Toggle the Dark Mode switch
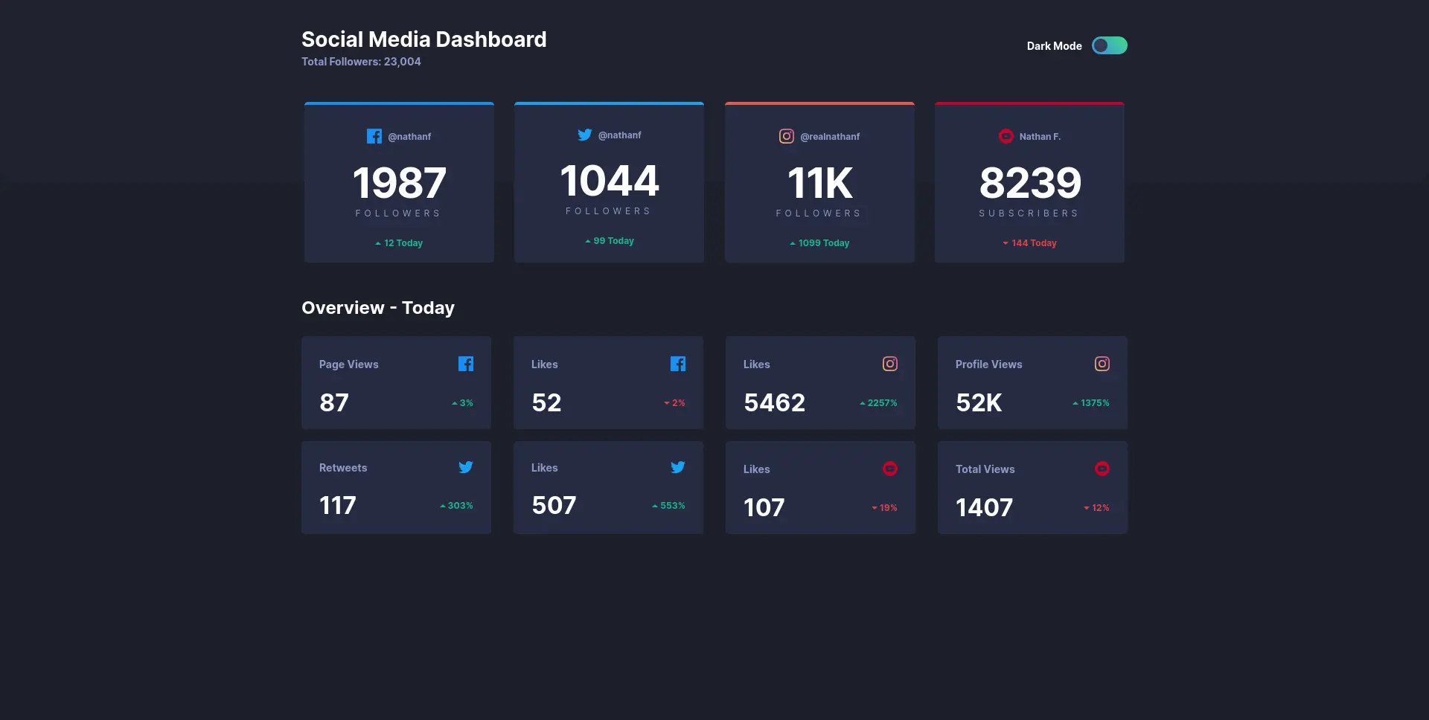[1109, 46]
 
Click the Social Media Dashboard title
[423, 39]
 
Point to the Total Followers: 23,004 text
[361, 62]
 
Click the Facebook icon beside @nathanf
[374, 136]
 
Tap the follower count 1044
[609, 181]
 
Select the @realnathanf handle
[829, 137]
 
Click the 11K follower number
[819, 183]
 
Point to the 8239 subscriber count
[1029, 183]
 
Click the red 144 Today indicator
[1029, 243]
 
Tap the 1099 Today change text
[819, 243]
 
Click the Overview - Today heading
[378, 308]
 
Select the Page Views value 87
[334, 402]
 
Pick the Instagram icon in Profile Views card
[1102, 364]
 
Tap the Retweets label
[343, 468]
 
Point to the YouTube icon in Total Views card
[1102, 469]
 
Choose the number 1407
[984, 507]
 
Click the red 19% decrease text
[885, 508]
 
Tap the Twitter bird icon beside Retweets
[466, 467]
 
